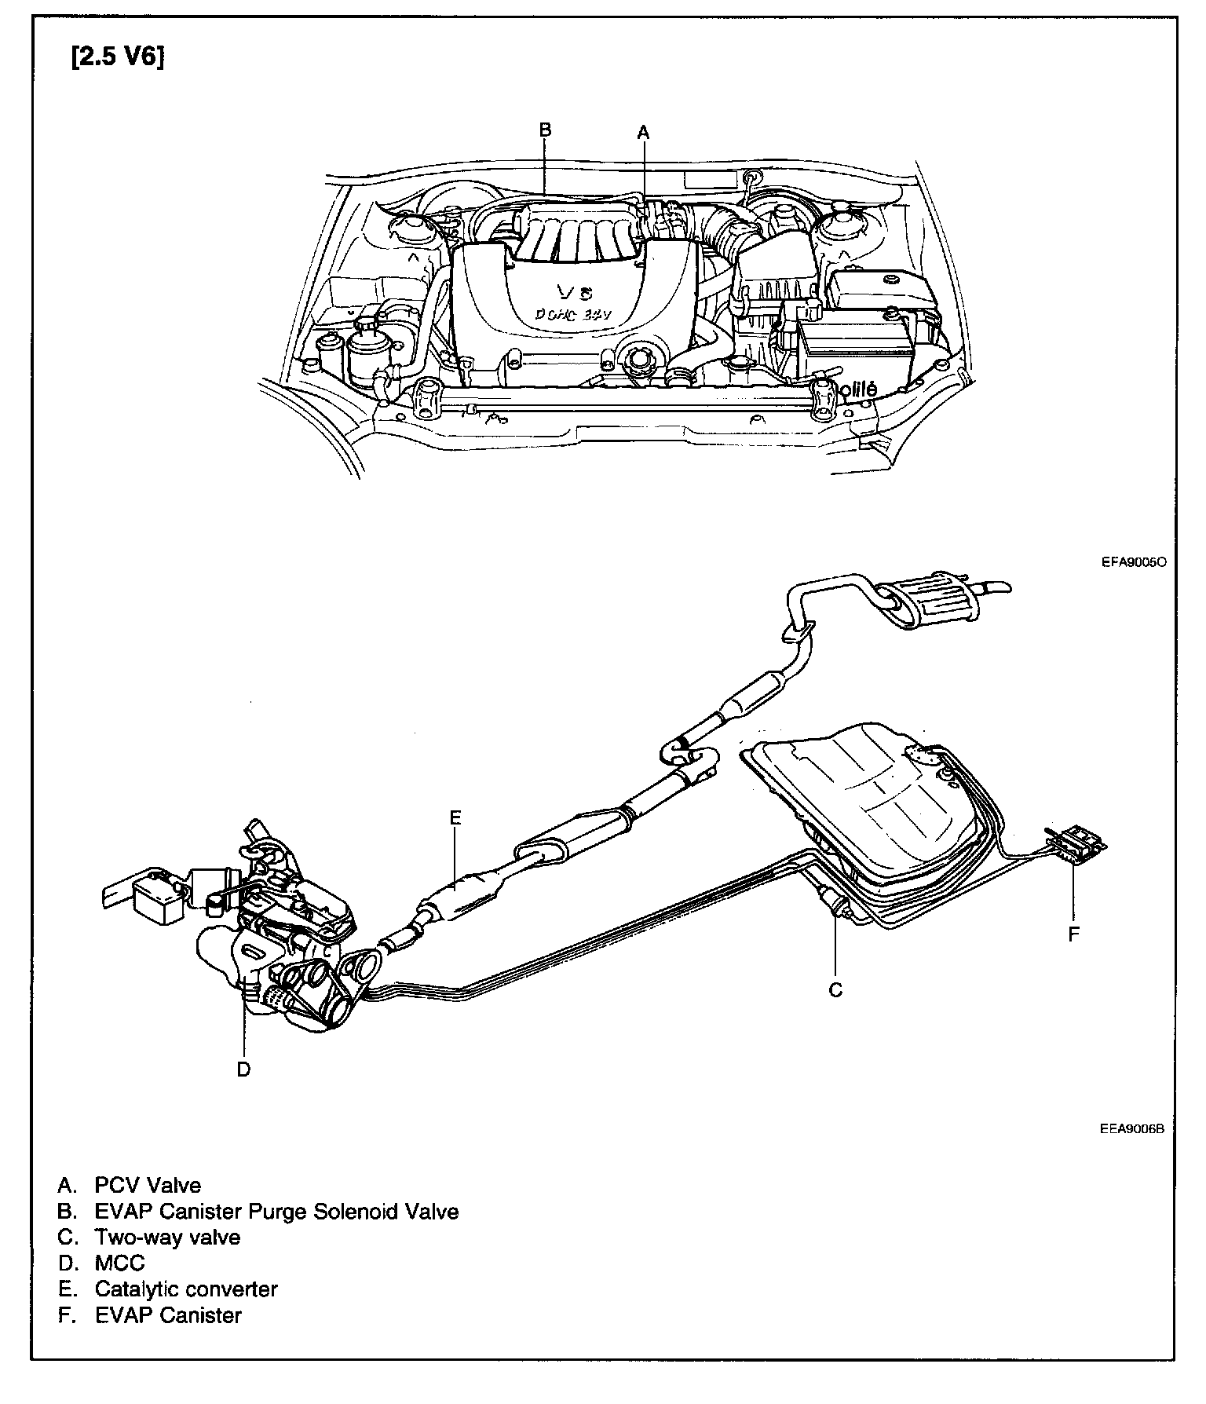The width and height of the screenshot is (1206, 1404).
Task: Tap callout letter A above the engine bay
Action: point(644,132)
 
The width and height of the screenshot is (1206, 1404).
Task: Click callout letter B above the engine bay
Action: point(546,130)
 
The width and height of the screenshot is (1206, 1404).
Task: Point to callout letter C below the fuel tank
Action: point(835,990)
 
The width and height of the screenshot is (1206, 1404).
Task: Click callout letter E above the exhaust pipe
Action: point(455,818)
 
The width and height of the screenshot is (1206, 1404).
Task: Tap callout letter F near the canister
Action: point(1074,934)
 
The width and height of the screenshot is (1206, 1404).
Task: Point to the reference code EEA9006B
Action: point(1131,1130)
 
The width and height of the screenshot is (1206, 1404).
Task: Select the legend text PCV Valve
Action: point(148,1186)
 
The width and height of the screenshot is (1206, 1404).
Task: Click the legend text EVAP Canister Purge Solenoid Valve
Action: point(276,1212)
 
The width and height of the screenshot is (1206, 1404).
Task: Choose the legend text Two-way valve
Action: point(167,1238)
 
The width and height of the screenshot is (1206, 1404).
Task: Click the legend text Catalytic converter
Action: point(186,1289)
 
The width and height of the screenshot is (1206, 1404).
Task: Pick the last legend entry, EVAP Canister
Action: point(168,1315)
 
